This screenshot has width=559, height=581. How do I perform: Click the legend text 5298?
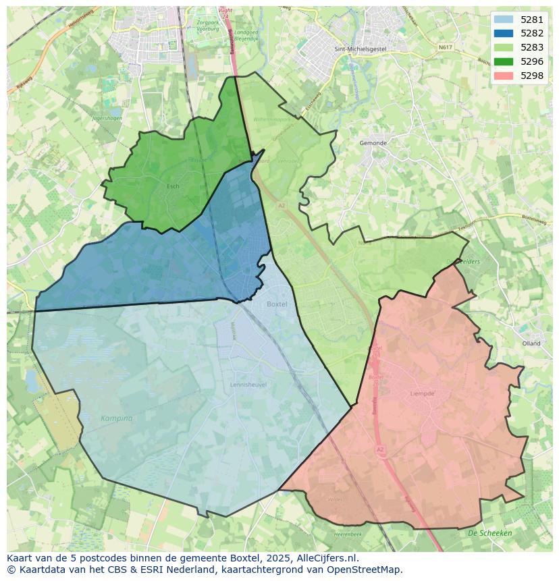pos(532,76)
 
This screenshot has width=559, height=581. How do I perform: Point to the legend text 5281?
pos(532,20)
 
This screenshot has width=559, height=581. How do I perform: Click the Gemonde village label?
pos(373,143)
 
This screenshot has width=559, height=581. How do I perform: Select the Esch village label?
pos(173,186)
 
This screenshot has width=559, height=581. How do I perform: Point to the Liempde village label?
pos(423,393)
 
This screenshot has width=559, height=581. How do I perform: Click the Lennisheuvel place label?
pos(248,385)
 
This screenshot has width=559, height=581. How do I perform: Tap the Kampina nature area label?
pos(117,418)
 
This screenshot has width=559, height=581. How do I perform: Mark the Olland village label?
pos(531,343)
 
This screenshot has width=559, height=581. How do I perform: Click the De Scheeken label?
pos(490,533)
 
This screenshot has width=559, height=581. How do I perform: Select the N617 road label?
pos(445,48)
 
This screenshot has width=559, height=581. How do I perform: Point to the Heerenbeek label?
pos(349,534)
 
